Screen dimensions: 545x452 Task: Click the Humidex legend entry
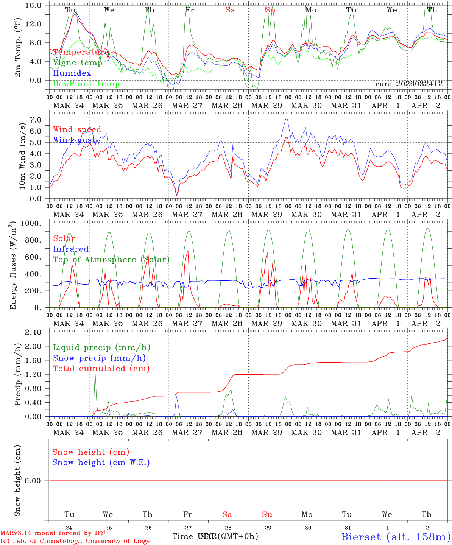click(72, 73)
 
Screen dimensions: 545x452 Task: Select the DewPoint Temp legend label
click(86, 84)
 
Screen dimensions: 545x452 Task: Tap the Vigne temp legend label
click(78, 62)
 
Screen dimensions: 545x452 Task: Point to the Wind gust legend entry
click(74, 140)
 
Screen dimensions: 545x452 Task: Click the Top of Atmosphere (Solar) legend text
click(111, 260)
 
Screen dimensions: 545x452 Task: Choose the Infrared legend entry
click(71, 249)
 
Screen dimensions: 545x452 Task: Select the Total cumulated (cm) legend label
click(101, 368)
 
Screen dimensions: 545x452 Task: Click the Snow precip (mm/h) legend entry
click(99, 358)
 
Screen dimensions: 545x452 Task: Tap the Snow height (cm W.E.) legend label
click(101, 462)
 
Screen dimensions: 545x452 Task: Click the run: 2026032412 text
click(409, 84)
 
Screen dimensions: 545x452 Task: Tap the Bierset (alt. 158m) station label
click(396, 536)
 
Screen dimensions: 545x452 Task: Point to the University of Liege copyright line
click(75, 541)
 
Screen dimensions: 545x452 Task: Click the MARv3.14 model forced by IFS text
click(53, 533)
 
